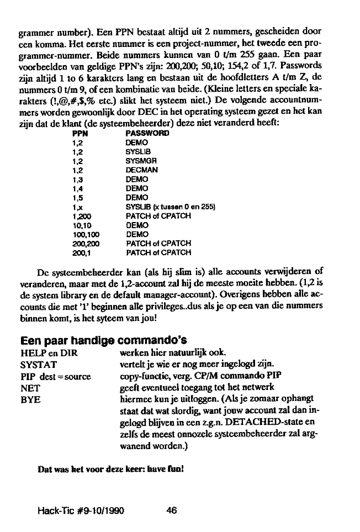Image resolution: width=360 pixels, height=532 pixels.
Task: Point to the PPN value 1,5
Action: (77, 197)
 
